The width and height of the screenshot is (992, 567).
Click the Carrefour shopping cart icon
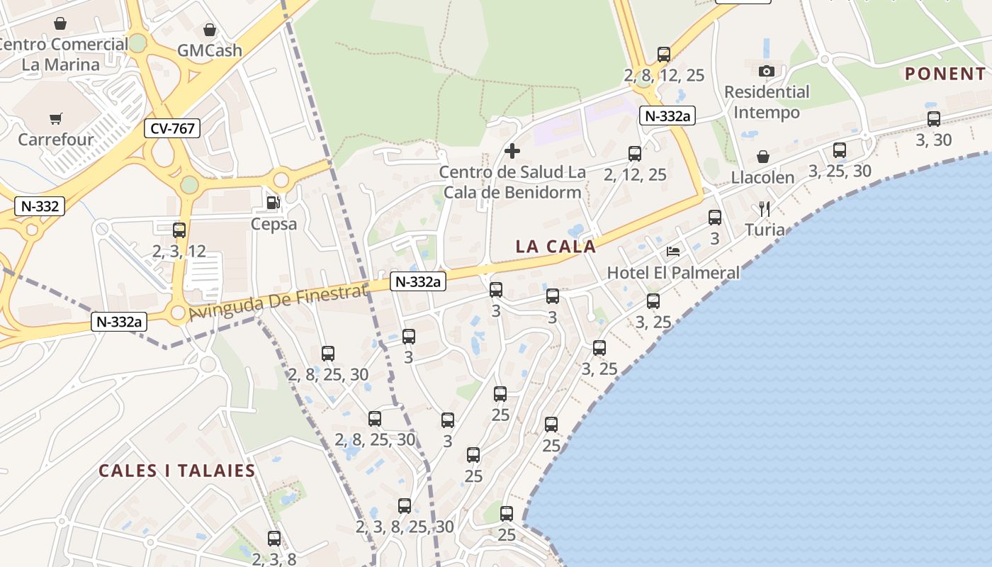[56, 118]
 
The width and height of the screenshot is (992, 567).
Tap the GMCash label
[209, 50]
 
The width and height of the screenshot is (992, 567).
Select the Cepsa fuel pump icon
[273, 203]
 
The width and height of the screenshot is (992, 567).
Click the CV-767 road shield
[172, 128]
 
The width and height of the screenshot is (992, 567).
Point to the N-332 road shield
[40, 206]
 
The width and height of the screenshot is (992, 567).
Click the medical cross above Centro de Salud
[512, 151]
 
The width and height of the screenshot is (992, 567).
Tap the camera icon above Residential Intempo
[767, 71]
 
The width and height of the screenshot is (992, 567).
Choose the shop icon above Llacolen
[763, 157]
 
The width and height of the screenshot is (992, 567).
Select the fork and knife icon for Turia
[764, 208]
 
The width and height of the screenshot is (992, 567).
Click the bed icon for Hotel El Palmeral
[673, 251]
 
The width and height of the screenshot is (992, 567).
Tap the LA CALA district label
[556, 247]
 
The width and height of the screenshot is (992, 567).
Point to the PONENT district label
[945, 74]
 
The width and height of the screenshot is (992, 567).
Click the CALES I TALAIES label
[176, 471]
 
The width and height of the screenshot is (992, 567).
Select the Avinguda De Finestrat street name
[278, 303]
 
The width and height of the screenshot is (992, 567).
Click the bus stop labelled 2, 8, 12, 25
[664, 55]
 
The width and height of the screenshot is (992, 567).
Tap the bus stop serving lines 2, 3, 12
[179, 230]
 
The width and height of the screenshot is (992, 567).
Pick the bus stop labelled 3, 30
[934, 119]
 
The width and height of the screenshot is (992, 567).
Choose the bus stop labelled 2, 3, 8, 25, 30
[405, 506]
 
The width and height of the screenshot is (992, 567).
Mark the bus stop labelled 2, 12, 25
[635, 154]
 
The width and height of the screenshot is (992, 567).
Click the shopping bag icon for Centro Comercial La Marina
[60, 23]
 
